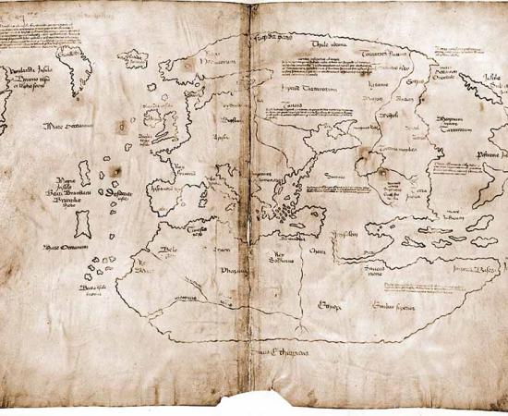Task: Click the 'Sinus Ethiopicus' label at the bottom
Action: coord(281,352)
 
